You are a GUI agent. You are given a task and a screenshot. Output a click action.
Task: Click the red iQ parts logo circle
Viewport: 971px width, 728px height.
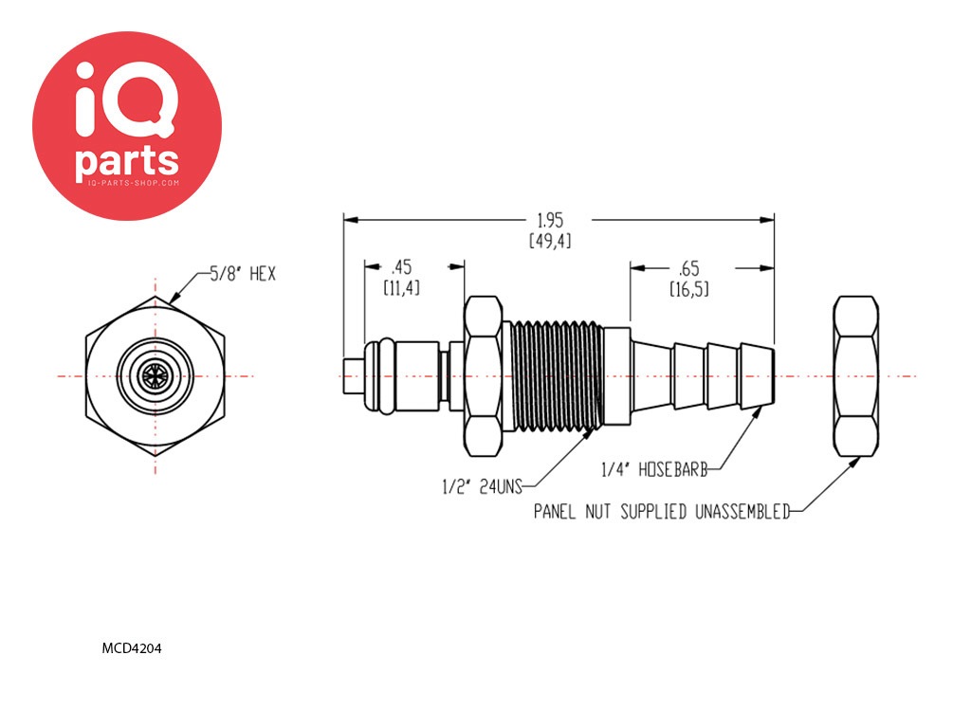click(127, 126)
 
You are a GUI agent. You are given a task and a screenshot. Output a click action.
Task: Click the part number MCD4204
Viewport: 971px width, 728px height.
click(132, 648)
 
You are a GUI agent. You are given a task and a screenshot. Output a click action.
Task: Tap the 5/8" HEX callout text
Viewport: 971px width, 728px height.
click(243, 274)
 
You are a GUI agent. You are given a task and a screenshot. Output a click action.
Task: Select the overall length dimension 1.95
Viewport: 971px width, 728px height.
click(550, 220)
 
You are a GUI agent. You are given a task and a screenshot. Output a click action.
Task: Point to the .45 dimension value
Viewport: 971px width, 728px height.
click(401, 267)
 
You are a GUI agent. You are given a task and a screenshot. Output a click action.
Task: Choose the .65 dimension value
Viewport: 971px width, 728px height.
click(688, 268)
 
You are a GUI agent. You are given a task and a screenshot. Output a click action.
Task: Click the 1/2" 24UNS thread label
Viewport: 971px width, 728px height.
click(483, 486)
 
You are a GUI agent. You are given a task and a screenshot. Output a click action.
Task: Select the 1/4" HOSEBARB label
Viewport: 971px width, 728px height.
click(654, 469)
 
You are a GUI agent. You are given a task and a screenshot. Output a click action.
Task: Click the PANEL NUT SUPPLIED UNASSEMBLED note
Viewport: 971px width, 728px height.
click(662, 511)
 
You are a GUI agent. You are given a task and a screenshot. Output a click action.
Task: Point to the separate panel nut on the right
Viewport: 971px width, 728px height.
click(856, 376)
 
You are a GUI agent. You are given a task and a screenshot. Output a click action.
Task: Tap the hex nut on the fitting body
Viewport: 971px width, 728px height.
click(483, 376)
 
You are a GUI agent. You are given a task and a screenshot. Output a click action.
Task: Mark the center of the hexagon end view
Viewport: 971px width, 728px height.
click(155, 375)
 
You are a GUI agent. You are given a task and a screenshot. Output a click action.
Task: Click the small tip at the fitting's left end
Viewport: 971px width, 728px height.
click(353, 375)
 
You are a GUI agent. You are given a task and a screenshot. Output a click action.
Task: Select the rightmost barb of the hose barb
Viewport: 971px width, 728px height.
click(756, 376)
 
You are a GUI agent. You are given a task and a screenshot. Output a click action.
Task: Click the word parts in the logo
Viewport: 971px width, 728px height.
click(127, 160)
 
